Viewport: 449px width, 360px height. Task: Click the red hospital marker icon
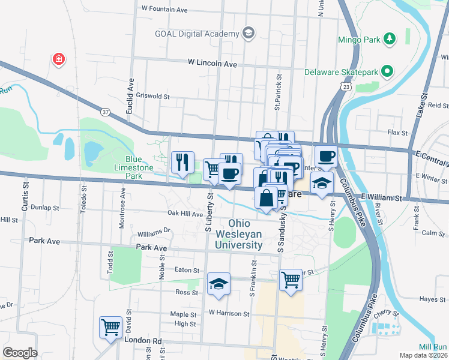tap(58, 59)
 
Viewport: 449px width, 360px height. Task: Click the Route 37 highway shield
tap(106, 112)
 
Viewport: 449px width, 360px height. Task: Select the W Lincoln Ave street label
tap(212, 62)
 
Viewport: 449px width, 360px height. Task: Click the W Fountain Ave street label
tap(164, 9)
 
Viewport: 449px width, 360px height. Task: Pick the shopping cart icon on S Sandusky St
tap(291, 279)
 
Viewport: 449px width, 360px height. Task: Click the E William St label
tap(381, 197)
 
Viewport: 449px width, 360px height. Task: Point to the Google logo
tap(20, 353)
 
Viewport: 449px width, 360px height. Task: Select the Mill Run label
tap(432, 347)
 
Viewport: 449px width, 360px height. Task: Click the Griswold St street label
tap(154, 96)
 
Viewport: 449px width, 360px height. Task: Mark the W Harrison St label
tap(229, 313)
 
